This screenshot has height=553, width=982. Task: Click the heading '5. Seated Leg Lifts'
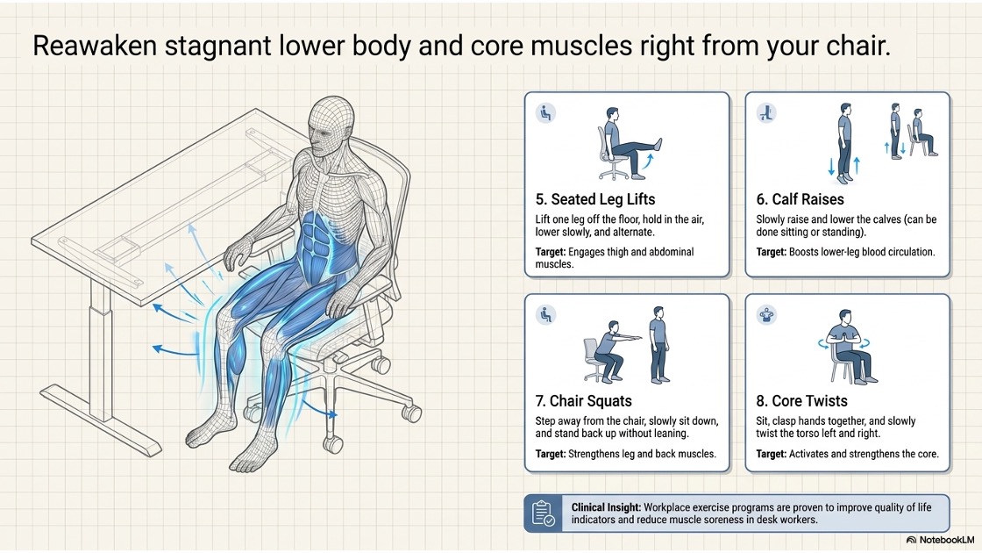(595, 199)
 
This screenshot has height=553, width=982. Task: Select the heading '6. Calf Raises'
(800, 199)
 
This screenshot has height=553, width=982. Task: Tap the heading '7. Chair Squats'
(584, 401)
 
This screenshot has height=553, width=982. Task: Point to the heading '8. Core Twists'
(801, 401)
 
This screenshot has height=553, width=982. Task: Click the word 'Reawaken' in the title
(95, 46)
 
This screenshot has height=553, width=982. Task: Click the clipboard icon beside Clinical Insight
(543, 513)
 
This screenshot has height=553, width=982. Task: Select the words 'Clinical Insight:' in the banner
(606, 507)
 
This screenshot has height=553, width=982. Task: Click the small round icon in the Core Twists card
(766, 314)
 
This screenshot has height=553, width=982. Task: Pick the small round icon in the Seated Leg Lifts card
(545, 113)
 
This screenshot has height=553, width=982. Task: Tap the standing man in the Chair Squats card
(658, 345)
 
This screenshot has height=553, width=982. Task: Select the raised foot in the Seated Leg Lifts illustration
(657, 144)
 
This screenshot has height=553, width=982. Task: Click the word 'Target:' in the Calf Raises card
(771, 252)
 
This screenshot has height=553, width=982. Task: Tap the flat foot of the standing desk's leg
(101, 420)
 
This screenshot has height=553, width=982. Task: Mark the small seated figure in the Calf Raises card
(924, 133)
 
